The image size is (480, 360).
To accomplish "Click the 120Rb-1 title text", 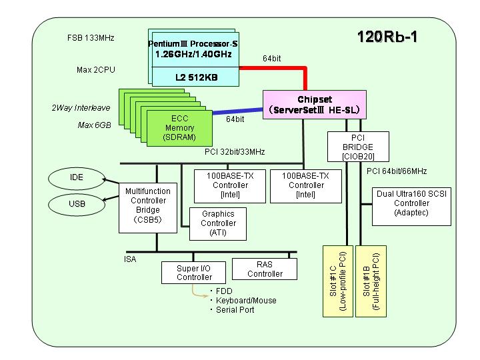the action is click(x=387, y=37).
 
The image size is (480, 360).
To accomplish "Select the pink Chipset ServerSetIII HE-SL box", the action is click(x=315, y=105).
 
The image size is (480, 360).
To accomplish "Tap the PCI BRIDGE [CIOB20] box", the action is click(x=358, y=147).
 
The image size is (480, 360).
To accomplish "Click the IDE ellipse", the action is click(x=77, y=178).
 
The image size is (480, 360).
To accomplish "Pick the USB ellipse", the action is click(x=77, y=205).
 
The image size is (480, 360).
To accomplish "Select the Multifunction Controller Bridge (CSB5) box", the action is click(x=148, y=208).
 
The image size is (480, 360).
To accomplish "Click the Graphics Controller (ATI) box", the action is click(x=218, y=224).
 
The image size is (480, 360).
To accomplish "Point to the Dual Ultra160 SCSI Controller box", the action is click(x=411, y=207).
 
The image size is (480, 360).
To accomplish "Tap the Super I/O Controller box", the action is click(x=193, y=273).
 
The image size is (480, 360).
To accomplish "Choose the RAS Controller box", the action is click(x=265, y=269).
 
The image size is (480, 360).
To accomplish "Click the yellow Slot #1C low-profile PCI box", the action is click(x=338, y=281).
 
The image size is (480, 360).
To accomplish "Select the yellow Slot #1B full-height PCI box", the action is click(x=371, y=281).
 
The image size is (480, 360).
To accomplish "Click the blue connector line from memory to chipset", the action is click(x=237, y=111).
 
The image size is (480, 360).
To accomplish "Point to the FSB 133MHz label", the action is click(x=91, y=38).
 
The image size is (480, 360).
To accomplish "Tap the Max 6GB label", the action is click(x=94, y=125).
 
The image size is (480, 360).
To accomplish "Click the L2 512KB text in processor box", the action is click(x=196, y=77).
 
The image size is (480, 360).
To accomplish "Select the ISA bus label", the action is click(x=130, y=259).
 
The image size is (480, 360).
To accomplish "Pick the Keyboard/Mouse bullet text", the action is click(x=246, y=301).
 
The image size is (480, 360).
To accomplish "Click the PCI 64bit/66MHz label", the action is click(x=397, y=171).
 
